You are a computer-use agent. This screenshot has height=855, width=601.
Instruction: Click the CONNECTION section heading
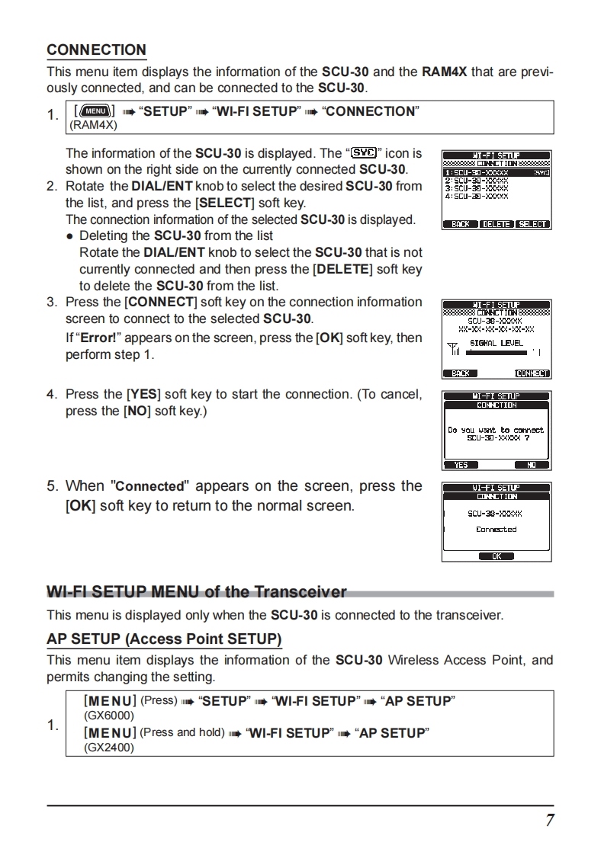coord(96,50)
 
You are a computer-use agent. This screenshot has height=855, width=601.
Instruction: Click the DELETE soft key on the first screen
coord(496,224)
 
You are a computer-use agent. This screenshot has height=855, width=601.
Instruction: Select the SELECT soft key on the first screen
coord(532,224)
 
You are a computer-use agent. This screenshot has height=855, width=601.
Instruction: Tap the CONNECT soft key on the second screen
coord(532,373)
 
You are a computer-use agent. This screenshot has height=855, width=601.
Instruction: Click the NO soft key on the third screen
coord(532,465)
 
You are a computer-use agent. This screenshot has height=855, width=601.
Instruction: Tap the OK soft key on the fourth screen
coord(497,556)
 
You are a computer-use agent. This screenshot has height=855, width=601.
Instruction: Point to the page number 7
coord(549,820)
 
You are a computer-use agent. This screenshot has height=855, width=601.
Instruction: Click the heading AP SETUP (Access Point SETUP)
coord(164,639)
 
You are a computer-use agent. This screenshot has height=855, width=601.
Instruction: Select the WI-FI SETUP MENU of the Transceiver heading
coord(197,592)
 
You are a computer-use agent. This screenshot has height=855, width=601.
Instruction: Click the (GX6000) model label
coord(108,716)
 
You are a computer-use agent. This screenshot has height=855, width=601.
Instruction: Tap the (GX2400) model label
coord(108,748)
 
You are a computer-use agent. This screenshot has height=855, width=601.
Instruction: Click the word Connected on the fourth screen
coord(497,529)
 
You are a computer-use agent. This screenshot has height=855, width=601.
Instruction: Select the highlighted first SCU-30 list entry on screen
coord(477,173)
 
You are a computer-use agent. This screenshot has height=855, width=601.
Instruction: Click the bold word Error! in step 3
coord(96,338)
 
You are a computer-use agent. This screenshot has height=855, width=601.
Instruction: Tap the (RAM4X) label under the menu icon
coord(93,125)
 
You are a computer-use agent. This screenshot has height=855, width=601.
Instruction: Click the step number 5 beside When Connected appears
coord(52,486)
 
